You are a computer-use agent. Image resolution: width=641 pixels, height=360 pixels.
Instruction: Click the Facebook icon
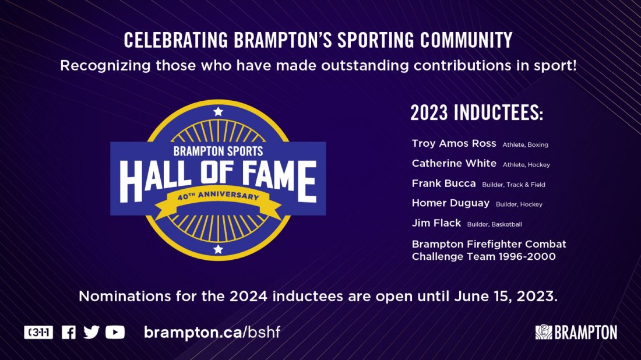tap(69, 332)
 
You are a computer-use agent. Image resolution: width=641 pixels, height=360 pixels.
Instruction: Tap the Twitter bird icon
tap(91, 332)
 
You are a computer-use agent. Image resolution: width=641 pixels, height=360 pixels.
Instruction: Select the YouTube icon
tap(115, 332)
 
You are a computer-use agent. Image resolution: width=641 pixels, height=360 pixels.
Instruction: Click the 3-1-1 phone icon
tap(38, 332)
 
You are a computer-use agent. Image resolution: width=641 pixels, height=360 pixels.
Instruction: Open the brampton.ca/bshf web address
tap(215, 332)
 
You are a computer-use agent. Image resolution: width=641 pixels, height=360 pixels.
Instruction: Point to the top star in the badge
tap(218, 111)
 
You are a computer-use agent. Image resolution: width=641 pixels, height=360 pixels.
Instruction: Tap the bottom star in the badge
tap(218, 249)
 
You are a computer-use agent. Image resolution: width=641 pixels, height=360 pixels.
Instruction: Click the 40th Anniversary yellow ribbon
tap(218, 198)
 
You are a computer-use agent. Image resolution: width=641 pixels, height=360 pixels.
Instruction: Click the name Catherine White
tap(454, 164)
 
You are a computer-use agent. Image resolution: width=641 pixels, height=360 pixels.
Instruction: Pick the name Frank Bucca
tap(443, 183)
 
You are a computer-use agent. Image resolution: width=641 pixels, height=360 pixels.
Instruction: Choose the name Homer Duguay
tap(450, 203)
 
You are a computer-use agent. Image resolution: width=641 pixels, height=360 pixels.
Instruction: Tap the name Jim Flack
tap(436, 223)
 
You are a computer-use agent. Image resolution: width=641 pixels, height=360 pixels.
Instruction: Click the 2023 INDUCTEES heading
tap(477, 113)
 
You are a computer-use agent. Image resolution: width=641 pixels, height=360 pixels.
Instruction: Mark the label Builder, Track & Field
tap(513, 185)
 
